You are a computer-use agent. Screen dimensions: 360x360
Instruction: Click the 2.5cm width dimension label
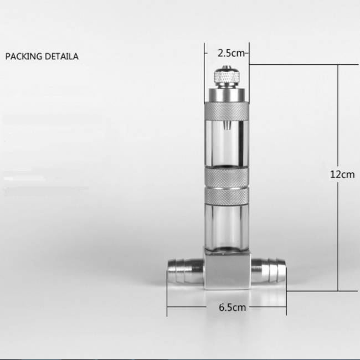coord(230,53)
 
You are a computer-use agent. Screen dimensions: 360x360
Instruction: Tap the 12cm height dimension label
coord(342,174)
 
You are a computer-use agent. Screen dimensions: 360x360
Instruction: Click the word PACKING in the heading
coord(22,56)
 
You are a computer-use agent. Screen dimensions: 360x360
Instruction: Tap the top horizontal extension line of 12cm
coord(294,65)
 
